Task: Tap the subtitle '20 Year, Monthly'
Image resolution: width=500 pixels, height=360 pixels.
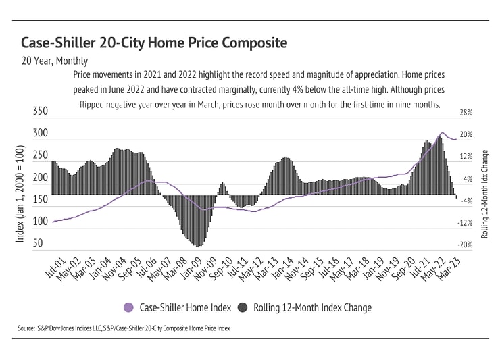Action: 55,61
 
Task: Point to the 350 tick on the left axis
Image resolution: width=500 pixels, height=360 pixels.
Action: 41,111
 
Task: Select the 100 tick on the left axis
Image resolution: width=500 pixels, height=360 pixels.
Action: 41,222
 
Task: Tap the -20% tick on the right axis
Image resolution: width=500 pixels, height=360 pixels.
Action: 466,245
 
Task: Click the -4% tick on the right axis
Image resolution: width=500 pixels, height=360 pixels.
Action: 466,201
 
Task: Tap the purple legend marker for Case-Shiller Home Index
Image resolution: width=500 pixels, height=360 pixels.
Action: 128,307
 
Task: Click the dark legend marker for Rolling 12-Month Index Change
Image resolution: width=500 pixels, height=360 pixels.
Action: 243,307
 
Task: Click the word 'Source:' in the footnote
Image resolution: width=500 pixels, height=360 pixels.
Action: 27,328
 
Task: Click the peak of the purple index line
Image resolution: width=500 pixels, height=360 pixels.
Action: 442,133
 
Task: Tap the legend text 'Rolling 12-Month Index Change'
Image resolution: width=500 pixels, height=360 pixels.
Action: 312,307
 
